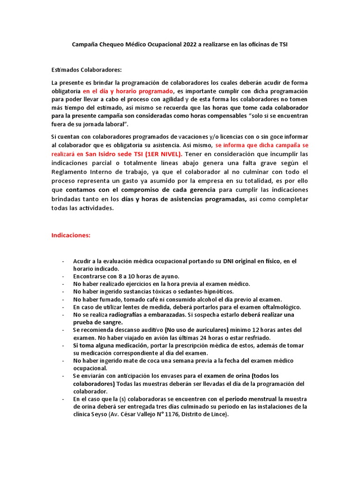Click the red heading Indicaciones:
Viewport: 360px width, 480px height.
point(70,235)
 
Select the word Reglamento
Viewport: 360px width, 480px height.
point(68,172)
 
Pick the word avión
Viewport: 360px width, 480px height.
point(161,337)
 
